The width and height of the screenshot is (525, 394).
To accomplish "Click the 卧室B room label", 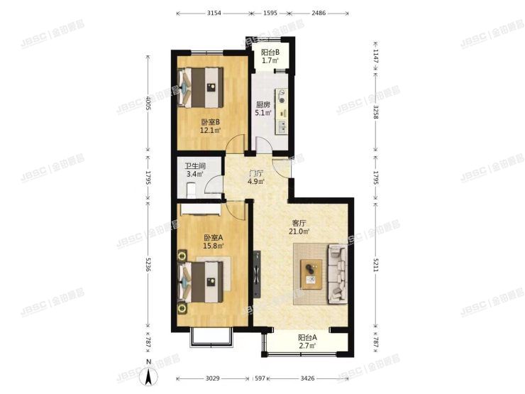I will [209, 121].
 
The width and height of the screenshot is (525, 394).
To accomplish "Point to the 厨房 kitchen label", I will [263, 104].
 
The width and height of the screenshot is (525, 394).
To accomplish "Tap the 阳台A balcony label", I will [307, 338].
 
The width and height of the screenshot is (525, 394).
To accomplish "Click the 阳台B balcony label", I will [270, 52].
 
